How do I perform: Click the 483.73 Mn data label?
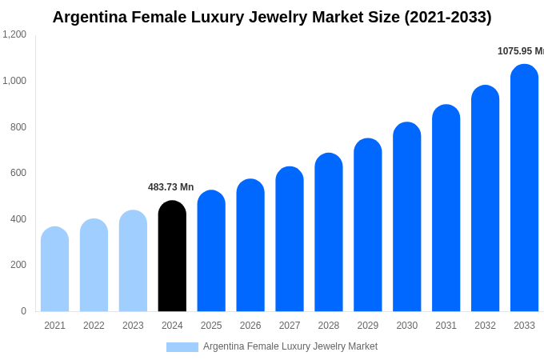[170, 187]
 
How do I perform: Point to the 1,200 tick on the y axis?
[14, 34]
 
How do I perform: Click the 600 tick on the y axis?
[18, 173]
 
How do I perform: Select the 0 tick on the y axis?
[23, 311]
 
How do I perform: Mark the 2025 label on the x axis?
[211, 326]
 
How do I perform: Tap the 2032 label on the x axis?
[485, 326]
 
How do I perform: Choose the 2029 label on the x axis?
[368, 326]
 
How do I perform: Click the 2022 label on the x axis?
[94, 326]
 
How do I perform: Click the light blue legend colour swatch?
[182, 347]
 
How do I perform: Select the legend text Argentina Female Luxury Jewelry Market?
[290, 346]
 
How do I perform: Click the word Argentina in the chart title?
[89, 17]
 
